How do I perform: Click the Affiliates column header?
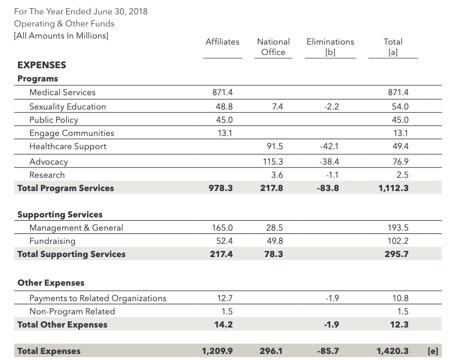[222, 42]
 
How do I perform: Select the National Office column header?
[273, 47]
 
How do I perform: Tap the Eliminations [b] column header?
[330, 47]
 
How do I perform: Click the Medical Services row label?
[62, 92]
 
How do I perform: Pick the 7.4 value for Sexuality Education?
[278, 107]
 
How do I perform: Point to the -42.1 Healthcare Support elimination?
[329, 146]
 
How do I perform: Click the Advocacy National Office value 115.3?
[273, 162]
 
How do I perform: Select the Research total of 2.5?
[403, 175]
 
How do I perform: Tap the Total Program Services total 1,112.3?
[393, 188]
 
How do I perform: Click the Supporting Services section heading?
[60, 215]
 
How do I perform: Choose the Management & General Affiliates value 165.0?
[222, 228]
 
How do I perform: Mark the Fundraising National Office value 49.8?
[275, 241]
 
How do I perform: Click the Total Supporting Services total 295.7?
[397, 254]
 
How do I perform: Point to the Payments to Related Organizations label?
[97, 298]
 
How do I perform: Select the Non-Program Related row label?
[72, 312]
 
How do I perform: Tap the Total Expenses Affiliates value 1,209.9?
[217, 351]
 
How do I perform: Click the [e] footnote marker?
[433, 351]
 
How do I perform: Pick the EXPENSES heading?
[42, 65]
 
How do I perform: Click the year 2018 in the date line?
[138, 12]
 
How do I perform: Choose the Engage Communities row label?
[72, 133]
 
